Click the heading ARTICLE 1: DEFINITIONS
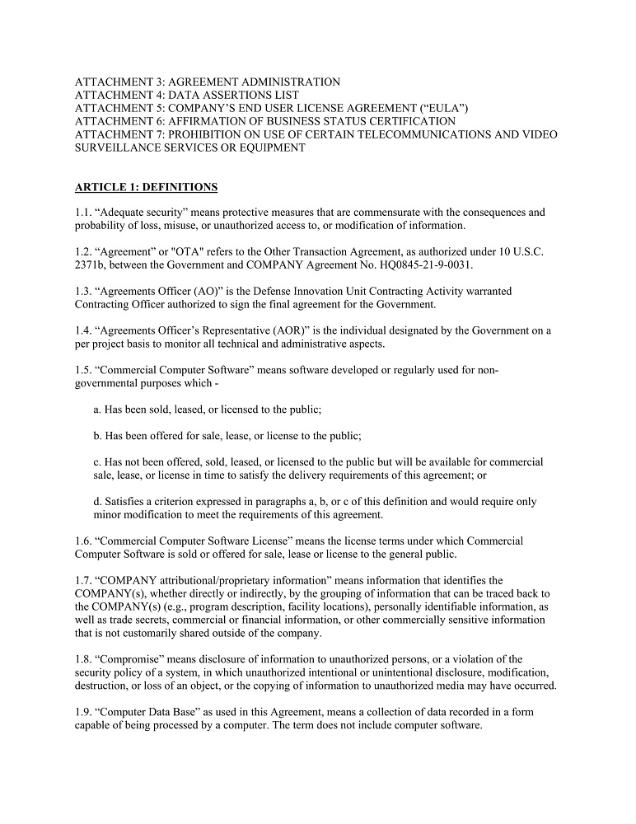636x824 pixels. click(146, 187)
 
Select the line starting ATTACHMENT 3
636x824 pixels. click(207, 82)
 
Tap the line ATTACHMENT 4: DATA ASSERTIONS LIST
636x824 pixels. click(186, 95)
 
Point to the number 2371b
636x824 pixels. click(89, 265)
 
